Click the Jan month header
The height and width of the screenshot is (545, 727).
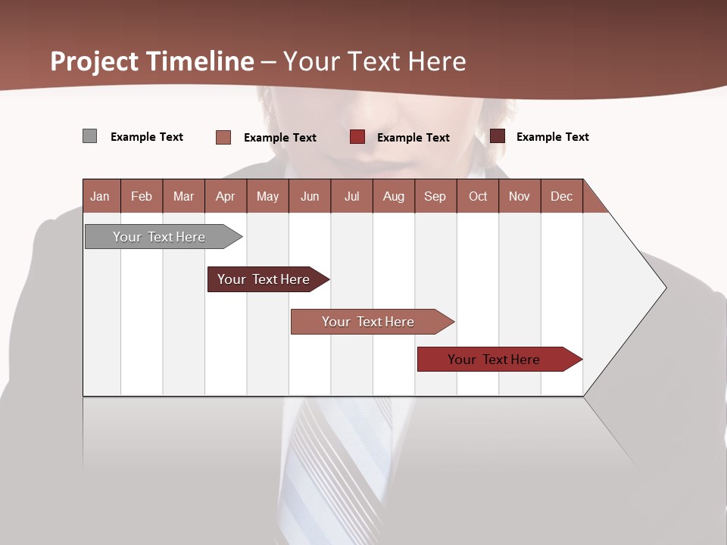click(x=100, y=196)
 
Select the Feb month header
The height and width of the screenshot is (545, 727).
click(x=142, y=196)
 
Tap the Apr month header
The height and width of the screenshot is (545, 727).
click(x=226, y=196)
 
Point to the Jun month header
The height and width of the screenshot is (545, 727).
click(x=310, y=196)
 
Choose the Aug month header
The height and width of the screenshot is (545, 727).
click(x=394, y=196)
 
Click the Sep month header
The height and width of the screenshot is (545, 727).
click(x=435, y=196)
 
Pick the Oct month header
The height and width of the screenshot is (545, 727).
click(x=478, y=196)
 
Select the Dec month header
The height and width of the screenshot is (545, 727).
click(x=562, y=196)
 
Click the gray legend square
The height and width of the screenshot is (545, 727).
click(x=90, y=136)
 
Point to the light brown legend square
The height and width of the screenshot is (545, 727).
click(x=223, y=137)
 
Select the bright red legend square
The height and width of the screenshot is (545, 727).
click(x=357, y=137)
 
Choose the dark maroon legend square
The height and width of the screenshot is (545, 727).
click(x=498, y=136)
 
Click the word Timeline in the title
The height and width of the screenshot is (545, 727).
click(x=200, y=61)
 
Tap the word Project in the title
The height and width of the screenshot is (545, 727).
click(x=95, y=61)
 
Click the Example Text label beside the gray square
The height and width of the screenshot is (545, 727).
click(x=147, y=137)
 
